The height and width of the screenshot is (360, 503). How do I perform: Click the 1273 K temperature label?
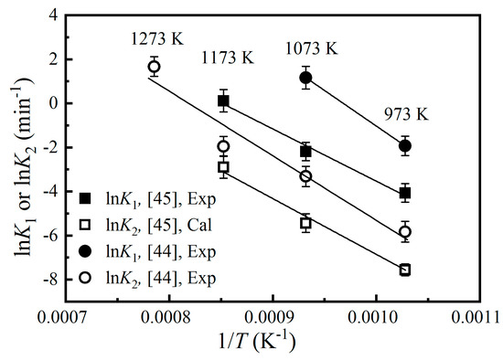click(x=154, y=42)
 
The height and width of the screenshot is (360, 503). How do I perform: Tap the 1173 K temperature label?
click(x=229, y=59)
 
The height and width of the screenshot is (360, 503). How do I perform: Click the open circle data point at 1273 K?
click(x=155, y=67)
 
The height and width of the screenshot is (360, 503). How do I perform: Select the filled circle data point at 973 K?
click(x=405, y=145)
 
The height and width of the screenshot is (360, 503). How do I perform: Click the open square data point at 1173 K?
click(x=223, y=167)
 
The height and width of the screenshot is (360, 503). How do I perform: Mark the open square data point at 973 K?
click(x=405, y=270)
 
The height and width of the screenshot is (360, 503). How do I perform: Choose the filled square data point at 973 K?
click(x=405, y=193)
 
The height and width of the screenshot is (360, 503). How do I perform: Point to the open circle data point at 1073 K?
click(x=305, y=175)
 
